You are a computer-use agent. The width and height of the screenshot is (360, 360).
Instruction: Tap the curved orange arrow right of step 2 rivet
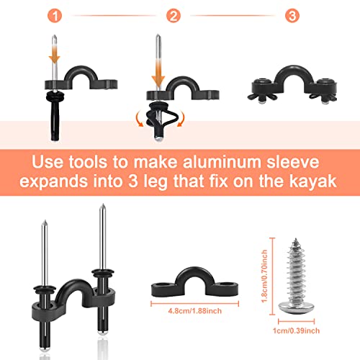192,117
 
